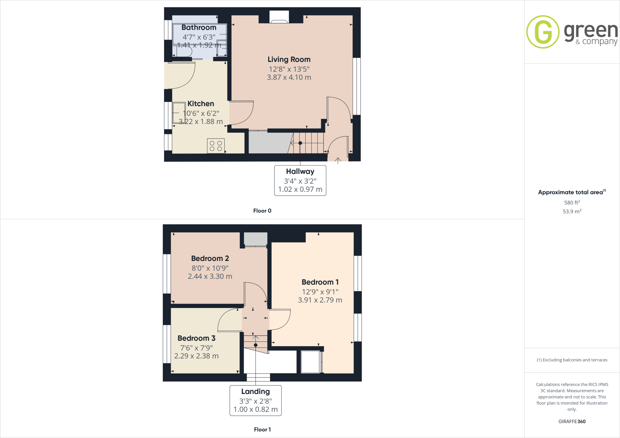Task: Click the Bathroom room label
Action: [199, 28]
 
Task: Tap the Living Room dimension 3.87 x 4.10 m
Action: [289, 77]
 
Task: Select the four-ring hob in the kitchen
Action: [216, 146]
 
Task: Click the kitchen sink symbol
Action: [179, 113]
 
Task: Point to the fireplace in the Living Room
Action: [279, 18]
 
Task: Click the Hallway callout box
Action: [300, 181]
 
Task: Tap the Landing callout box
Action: [256, 400]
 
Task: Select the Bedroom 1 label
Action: [320, 282]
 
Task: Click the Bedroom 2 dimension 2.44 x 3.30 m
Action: [210, 276]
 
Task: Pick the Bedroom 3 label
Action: [196, 338]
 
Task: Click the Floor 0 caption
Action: [262, 211]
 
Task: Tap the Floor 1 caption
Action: [262, 430]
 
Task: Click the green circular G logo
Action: [542, 32]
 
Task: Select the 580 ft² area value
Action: [572, 203]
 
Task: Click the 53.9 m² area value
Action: [572, 211]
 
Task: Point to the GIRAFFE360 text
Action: [572, 421]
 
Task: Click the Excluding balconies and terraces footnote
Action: [572, 360]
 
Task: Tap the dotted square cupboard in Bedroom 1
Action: [310, 362]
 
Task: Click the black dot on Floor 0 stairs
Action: [300, 143]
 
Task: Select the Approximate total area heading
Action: [571, 192]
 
